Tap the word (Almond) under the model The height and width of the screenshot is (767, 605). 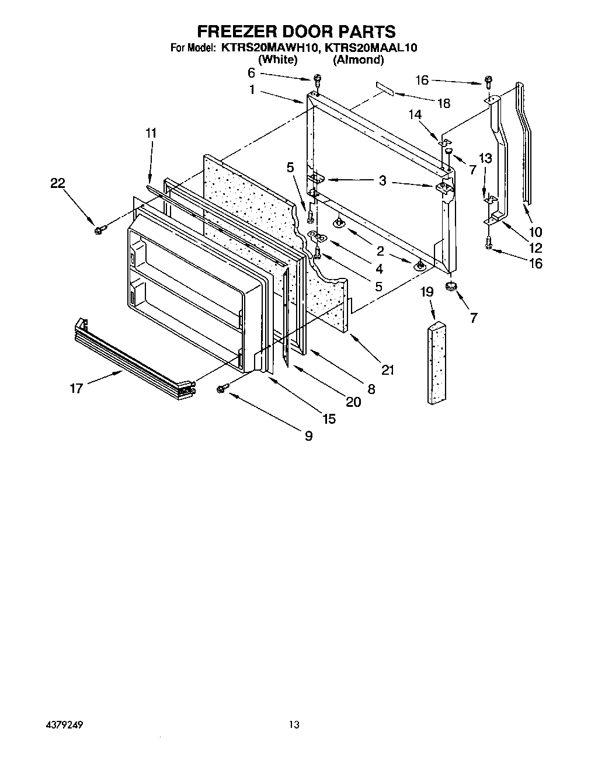click(x=358, y=60)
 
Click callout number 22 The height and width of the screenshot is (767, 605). click(x=57, y=183)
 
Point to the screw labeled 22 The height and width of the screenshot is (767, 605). click(x=98, y=230)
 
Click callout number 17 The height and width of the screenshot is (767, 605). click(x=77, y=388)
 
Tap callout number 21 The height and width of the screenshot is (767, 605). click(x=388, y=369)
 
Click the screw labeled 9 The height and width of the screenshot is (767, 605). click(x=222, y=389)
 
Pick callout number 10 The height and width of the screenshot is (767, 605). click(x=535, y=232)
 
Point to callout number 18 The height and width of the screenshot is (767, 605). click(x=444, y=103)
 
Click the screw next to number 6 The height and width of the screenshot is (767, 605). click(x=318, y=78)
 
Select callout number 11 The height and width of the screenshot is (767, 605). click(x=151, y=133)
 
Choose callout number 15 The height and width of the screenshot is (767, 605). click(x=329, y=419)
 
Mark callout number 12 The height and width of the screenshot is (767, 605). click(x=535, y=248)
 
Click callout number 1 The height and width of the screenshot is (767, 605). click(x=252, y=90)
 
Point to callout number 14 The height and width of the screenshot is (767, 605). click(x=415, y=116)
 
